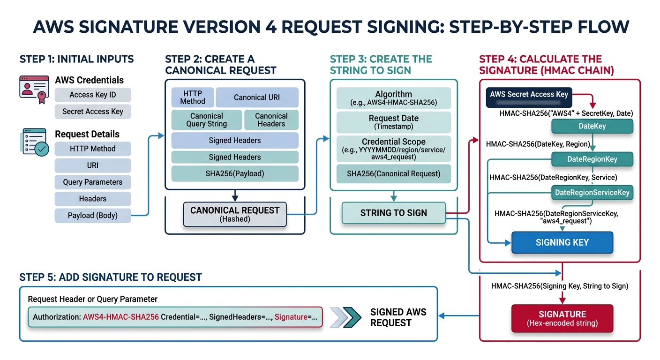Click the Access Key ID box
click(x=93, y=95)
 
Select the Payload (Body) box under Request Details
click(x=93, y=216)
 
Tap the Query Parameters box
click(x=93, y=182)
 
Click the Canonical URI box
click(x=257, y=97)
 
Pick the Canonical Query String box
click(x=206, y=120)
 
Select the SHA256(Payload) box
click(x=234, y=173)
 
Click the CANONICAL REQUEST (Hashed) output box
click(x=234, y=214)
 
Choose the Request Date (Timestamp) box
click(x=394, y=122)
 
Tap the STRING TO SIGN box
click(x=393, y=213)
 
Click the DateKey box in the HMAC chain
click(x=592, y=126)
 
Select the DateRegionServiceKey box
click(x=592, y=193)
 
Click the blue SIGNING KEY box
click(x=562, y=242)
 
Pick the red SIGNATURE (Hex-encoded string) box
click(x=562, y=318)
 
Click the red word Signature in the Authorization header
click(x=291, y=317)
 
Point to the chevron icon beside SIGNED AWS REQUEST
click(x=346, y=317)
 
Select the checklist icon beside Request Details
click(x=34, y=142)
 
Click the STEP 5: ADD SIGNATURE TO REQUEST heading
click(x=111, y=277)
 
